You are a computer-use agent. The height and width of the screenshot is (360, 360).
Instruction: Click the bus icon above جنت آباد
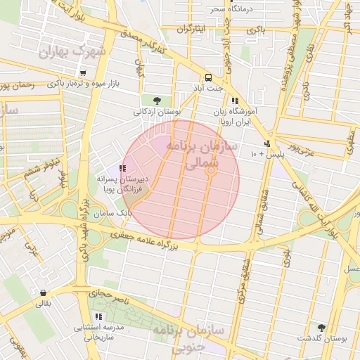pos(209,77)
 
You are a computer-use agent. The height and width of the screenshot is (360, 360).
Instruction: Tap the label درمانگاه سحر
pos(233,9)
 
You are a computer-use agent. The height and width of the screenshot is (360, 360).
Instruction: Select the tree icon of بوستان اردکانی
pos(157,101)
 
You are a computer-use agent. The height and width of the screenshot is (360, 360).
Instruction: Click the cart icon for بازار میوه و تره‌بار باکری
pos(83,73)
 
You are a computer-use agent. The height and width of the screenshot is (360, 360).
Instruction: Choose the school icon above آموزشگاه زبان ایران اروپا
pos(234,101)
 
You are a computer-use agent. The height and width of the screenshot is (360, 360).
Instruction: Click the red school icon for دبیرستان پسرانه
pos(123,168)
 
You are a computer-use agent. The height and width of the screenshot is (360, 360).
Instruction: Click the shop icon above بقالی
pos(44,293)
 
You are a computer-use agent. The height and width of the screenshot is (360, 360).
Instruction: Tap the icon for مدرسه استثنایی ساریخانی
pos(98,317)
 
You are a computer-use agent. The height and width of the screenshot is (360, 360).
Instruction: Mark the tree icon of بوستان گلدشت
pos(321,328)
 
